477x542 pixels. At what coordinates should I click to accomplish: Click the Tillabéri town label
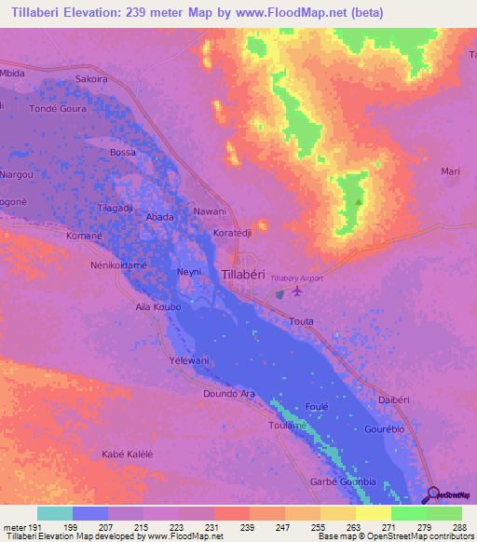pyautogui.click(x=249, y=273)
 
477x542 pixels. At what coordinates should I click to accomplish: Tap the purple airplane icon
pyautogui.click(x=297, y=292)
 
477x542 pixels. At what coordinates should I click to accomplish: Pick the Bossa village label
pyautogui.click(x=122, y=152)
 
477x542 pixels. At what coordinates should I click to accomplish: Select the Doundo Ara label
pyautogui.click(x=228, y=394)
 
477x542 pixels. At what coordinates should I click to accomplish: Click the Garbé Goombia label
pyautogui.click(x=342, y=481)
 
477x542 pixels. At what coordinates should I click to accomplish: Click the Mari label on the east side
pyautogui.click(x=451, y=172)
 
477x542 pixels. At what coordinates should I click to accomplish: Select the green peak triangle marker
pyautogui.click(x=359, y=200)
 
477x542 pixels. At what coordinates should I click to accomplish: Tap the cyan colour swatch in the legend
pyautogui.click(x=55, y=513)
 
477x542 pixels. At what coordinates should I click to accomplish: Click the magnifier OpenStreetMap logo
pyautogui.click(x=435, y=494)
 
